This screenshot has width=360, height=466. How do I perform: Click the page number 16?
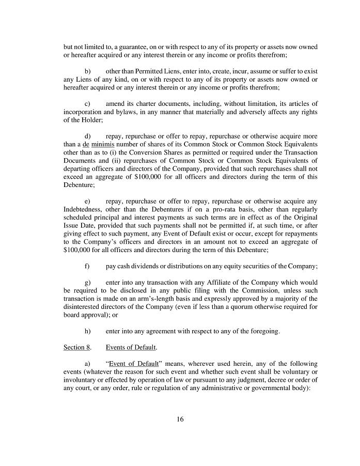(180, 419)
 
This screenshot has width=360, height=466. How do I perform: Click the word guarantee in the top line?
(136, 46)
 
